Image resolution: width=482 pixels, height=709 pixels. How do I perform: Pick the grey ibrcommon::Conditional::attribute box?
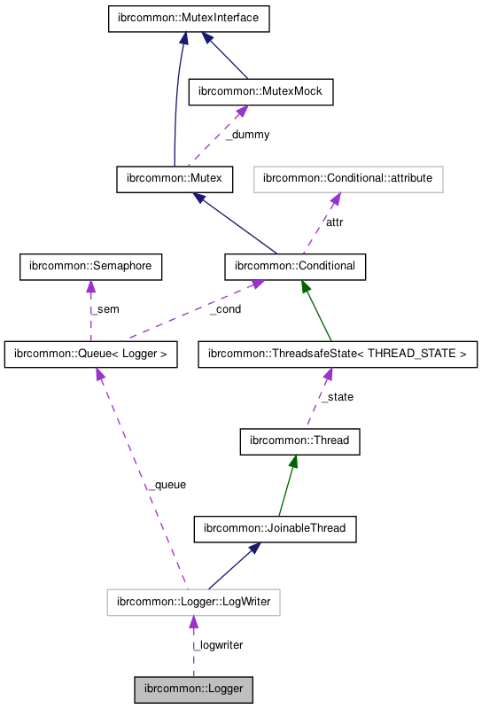pos(348,178)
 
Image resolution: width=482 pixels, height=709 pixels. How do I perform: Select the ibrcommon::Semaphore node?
pos(90,265)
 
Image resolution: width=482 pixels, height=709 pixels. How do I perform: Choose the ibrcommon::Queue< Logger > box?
pos(90,355)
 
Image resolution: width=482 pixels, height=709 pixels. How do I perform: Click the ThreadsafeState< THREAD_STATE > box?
pos(338,355)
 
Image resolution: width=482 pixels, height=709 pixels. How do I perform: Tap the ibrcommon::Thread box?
pos(299,440)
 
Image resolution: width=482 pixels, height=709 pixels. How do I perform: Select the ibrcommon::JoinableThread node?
pos(276,529)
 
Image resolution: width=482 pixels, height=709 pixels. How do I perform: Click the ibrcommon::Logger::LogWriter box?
pos(193,604)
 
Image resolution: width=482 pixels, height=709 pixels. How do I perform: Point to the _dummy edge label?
pos(247,135)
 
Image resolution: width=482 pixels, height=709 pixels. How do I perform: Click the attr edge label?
pos(334,222)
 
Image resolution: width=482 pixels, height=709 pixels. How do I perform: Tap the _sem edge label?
pos(104,309)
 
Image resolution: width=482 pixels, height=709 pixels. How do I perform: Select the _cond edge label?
pos(225,309)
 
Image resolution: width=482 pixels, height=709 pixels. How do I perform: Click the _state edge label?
pos(336,398)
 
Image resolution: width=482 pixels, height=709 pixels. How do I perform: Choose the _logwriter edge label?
pos(218,644)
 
